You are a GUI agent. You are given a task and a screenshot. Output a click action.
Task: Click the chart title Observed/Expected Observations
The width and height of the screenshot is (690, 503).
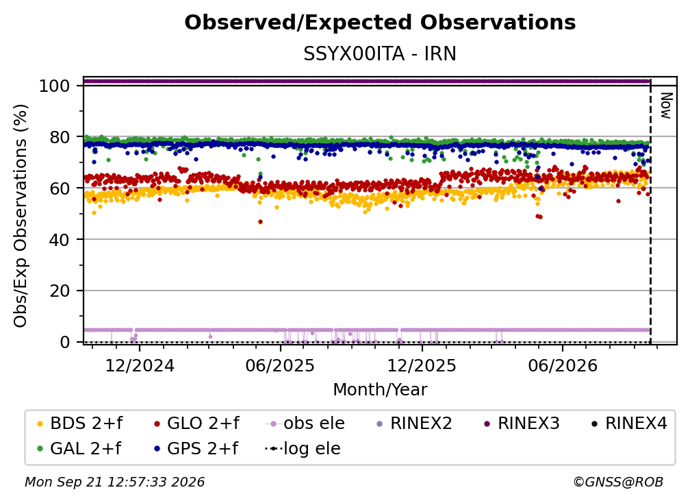pyautogui.click(x=380, y=23)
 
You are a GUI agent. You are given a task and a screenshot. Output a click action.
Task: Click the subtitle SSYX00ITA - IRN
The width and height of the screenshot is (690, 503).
pyautogui.click(x=380, y=54)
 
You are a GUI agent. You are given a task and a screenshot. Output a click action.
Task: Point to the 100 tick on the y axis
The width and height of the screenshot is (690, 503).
pyautogui.click(x=55, y=86)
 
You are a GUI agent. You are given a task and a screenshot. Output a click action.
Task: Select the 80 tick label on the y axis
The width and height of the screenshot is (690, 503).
pyautogui.click(x=60, y=137)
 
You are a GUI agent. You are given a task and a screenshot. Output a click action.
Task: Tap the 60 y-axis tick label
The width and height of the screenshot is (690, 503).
pyautogui.click(x=60, y=188)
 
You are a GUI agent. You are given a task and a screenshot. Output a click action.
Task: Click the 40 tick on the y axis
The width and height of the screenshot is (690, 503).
pyautogui.click(x=60, y=240)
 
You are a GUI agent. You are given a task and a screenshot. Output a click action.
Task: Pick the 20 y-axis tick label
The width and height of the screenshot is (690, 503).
pyautogui.click(x=60, y=291)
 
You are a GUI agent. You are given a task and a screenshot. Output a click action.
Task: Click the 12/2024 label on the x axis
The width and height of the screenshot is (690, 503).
pyautogui.click(x=140, y=365)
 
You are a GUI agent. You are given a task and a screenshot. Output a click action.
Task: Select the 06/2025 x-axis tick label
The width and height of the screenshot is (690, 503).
pyautogui.click(x=281, y=365)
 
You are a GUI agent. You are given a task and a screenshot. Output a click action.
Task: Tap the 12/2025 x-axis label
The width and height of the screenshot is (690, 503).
pyautogui.click(x=422, y=365)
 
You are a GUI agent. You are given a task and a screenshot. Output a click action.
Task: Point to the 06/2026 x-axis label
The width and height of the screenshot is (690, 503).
pyautogui.click(x=563, y=365)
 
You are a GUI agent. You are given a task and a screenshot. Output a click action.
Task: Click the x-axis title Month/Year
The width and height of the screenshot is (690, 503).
pyautogui.click(x=380, y=389)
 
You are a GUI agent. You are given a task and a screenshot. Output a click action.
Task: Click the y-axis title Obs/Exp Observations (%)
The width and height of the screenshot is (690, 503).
pyautogui.click(x=21, y=216)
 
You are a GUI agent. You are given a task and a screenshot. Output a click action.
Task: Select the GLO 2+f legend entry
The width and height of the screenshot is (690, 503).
pyautogui.click(x=196, y=424)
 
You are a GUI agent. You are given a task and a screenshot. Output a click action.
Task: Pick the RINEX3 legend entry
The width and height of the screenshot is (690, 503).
pyautogui.click(x=522, y=424)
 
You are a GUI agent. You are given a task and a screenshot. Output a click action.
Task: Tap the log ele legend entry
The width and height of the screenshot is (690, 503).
pyautogui.click(x=303, y=448)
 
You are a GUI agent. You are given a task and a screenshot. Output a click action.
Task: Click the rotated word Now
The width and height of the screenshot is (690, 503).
pyautogui.click(x=666, y=106)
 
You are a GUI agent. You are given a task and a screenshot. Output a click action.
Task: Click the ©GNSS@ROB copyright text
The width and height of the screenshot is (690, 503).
pyautogui.click(x=618, y=482)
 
